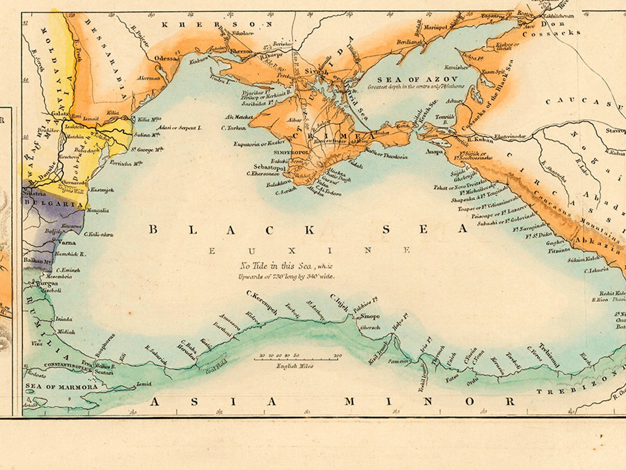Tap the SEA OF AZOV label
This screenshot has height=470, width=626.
(x=417, y=80)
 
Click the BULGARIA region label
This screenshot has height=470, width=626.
(x=54, y=204)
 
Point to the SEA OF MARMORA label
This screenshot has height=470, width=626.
(x=61, y=387)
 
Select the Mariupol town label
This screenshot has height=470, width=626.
(x=435, y=27)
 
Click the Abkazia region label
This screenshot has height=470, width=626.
(x=597, y=246)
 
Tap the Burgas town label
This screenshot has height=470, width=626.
(x=47, y=283)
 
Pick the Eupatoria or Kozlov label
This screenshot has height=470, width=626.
(x=259, y=144)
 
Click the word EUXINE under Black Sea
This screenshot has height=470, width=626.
(x=309, y=250)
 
